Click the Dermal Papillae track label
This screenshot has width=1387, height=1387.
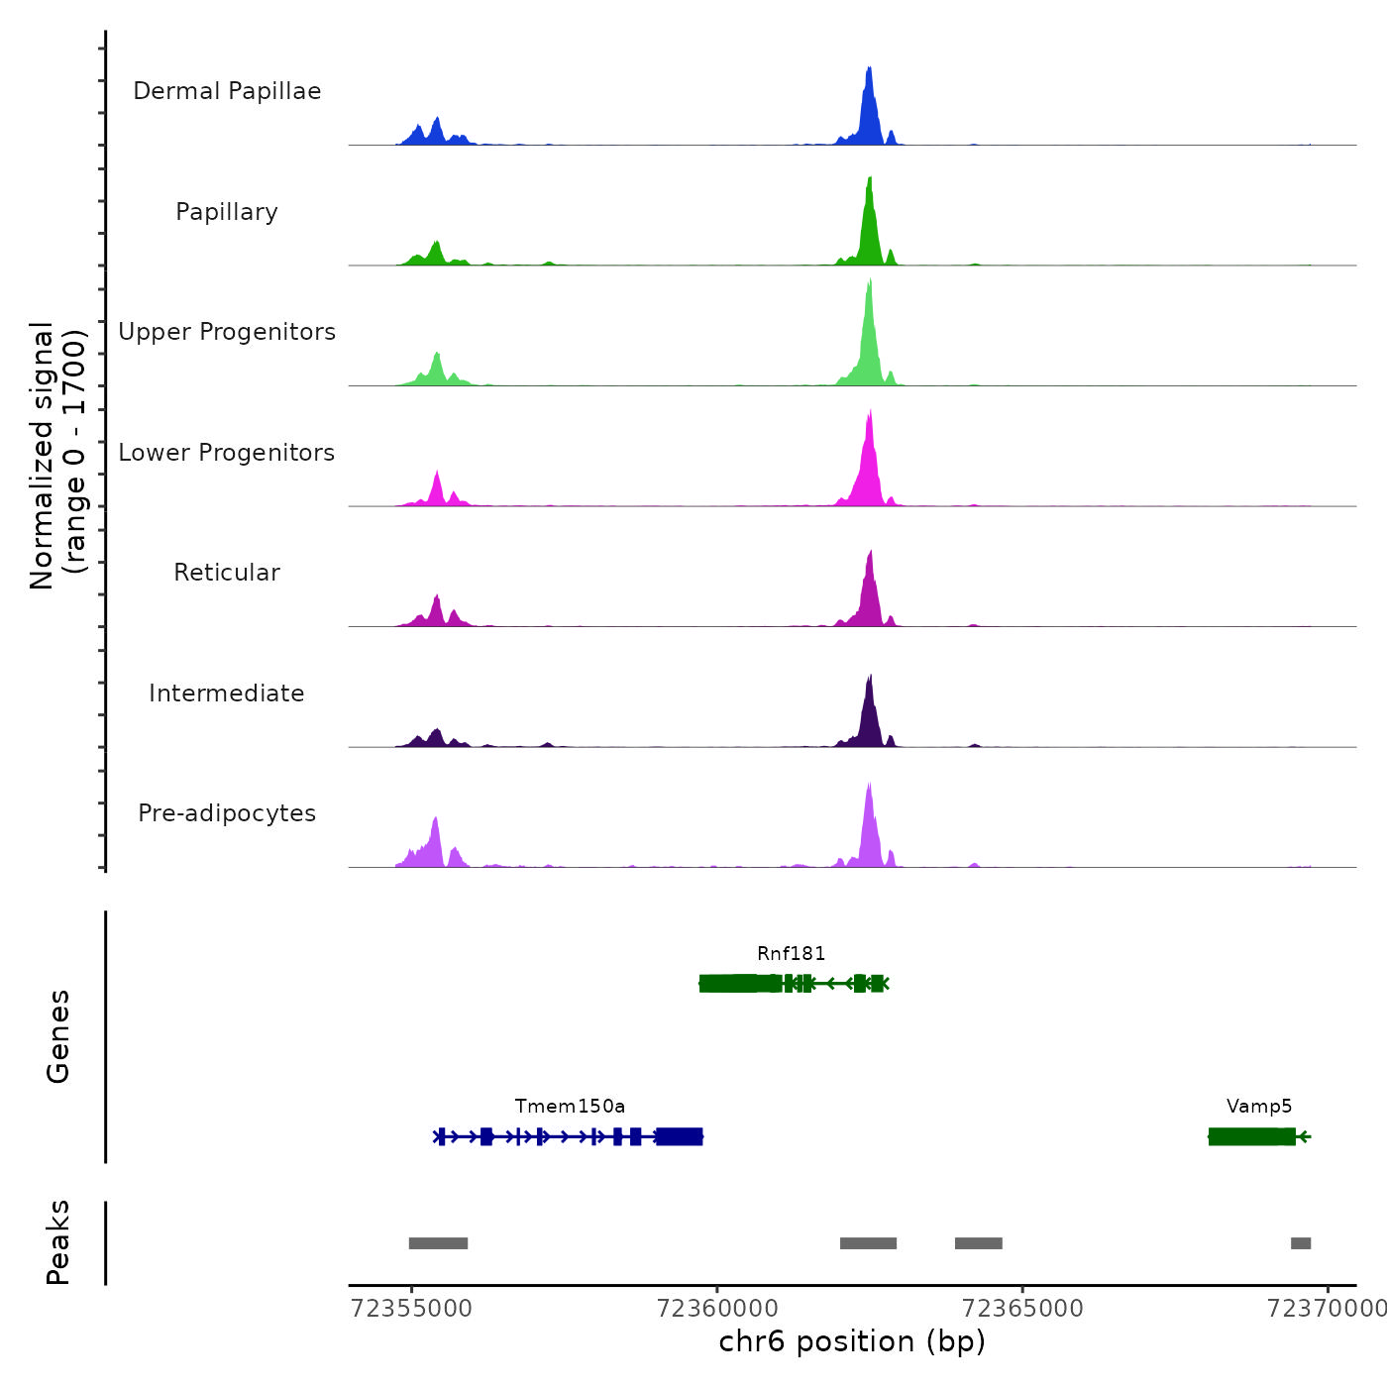[x=227, y=91]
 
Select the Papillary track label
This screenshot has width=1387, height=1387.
[x=227, y=212]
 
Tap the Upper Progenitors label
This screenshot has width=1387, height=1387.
[x=227, y=332]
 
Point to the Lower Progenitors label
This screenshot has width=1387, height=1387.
[x=227, y=453]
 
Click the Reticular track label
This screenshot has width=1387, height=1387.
[x=227, y=573]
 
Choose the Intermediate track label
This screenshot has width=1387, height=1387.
[x=227, y=693]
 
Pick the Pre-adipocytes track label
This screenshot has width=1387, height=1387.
[x=227, y=813]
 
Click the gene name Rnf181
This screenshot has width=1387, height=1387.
[x=791, y=953]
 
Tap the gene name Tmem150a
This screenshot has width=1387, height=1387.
[x=570, y=1106]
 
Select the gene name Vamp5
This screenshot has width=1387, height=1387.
[x=1259, y=1106]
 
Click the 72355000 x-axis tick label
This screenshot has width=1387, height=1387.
[x=411, y=1309]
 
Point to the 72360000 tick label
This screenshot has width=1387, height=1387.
[x=717, y=1309]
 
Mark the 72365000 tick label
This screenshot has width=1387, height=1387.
[x=1022, y=1309]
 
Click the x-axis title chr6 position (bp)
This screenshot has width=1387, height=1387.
[x=852, y=1341]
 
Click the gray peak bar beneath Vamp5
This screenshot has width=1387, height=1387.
[x=1301, y=1243]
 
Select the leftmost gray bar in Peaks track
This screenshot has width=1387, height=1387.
[x=438, y=1243]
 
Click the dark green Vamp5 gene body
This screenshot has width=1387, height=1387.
[x=1251, y=1136]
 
